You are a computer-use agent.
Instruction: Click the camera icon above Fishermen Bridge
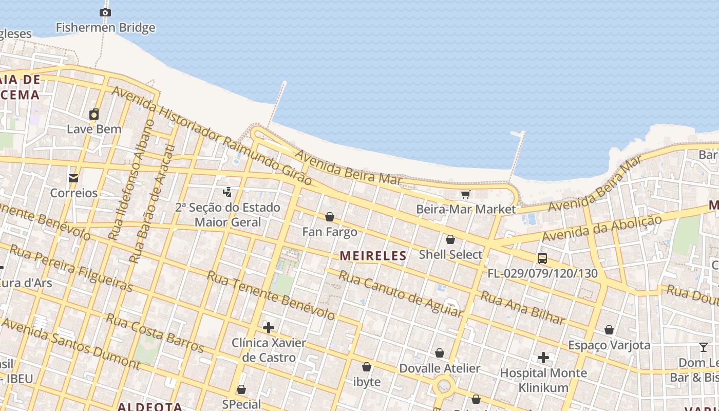105,12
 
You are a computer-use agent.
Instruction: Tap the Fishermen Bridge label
105,27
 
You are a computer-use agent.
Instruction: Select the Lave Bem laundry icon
94,114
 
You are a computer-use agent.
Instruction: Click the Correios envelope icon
73,178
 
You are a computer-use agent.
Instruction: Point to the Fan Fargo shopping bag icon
330,217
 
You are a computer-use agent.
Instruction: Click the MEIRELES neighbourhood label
373,255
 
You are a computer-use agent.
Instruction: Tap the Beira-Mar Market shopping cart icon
466,194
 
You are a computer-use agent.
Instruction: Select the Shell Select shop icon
450,239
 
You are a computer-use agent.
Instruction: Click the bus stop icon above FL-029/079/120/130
542,258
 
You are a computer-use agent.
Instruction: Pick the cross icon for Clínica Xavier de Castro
268,328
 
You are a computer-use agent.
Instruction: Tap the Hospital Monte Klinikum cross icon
543,357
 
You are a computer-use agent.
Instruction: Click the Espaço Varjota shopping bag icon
609,330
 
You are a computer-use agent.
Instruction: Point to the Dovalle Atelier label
440,368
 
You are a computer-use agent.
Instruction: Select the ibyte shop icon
367,367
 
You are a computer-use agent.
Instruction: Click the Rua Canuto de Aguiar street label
401,294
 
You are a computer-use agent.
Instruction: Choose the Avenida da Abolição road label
602,229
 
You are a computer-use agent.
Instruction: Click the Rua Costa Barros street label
155,332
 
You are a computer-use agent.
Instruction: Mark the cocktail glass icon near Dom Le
704,348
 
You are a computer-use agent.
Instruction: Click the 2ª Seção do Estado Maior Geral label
228,215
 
